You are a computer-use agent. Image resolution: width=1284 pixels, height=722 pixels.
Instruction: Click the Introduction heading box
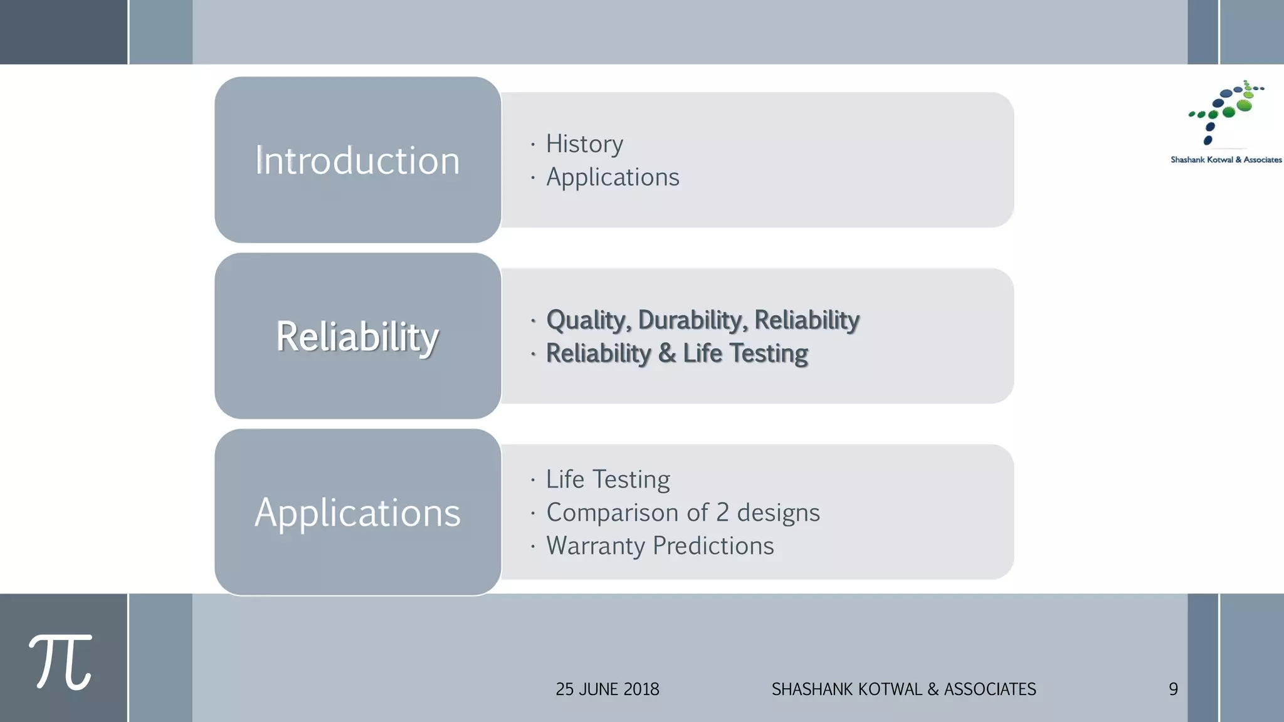357,160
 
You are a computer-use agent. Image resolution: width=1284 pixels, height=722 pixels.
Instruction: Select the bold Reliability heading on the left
357,337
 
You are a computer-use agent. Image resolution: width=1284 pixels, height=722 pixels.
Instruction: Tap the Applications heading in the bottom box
357,513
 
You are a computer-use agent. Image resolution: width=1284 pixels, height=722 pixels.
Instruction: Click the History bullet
584,144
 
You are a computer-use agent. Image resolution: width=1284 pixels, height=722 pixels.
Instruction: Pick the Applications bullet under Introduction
613,177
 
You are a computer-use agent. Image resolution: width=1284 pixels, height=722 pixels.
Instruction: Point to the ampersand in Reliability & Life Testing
667,353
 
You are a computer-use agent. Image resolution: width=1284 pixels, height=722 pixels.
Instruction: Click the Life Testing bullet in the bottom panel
608,479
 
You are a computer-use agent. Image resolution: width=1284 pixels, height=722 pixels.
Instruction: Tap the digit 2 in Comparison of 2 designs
722,513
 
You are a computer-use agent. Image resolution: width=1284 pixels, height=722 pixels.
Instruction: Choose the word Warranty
596,546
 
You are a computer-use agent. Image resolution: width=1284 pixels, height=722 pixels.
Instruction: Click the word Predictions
713,546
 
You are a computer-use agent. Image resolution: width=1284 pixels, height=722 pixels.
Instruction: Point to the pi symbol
60,662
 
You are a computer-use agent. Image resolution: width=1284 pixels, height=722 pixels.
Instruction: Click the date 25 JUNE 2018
607,689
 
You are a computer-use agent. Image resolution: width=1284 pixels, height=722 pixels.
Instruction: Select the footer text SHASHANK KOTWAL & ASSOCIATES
903,689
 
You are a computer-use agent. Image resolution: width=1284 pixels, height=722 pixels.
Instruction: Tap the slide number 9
1173,689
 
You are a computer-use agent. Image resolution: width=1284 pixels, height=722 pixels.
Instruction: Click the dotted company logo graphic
1226,112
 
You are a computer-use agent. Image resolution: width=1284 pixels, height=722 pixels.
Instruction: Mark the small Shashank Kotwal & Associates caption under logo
1226,160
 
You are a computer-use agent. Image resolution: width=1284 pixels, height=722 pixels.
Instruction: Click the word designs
778,513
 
